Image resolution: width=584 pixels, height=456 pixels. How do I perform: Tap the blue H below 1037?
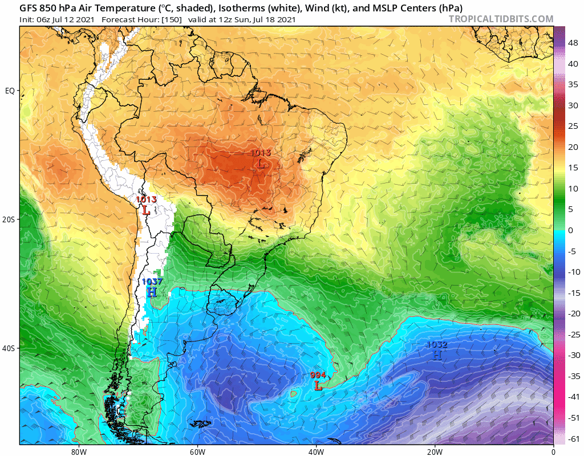click(151, 292)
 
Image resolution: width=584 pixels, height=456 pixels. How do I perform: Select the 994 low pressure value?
click(318, 375)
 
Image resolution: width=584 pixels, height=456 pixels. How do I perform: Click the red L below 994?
click(318, 386)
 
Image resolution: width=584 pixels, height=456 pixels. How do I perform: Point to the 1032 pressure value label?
click(437, 344)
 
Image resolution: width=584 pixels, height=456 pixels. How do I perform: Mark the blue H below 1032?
click(437, 355)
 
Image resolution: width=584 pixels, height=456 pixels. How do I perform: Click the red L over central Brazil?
click(261, 164)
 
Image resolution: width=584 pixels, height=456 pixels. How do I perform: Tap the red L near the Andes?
click(147, 210)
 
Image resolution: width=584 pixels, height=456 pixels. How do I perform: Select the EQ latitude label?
click(10, 91)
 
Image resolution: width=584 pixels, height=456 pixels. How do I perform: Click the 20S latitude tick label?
click(10, 219)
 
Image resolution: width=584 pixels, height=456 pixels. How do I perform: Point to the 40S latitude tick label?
click(10, 348)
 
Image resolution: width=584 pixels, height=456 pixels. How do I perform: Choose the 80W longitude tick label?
click(79, 451)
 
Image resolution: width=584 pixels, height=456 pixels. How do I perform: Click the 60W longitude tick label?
click(197, 451)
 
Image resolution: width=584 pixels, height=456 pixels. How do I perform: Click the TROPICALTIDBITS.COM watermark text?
click(501, 19)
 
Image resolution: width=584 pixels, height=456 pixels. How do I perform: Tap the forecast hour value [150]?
click(171, 20)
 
